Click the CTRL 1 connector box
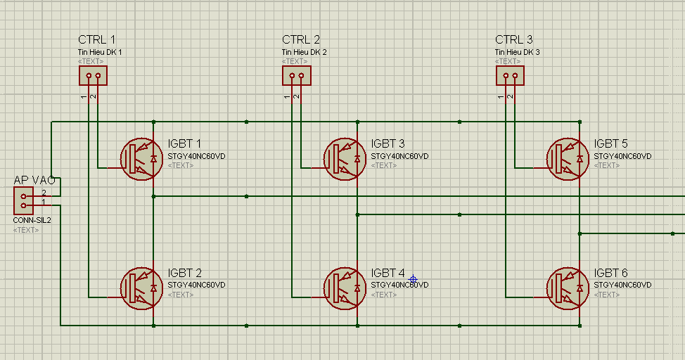click(x=93, y=75)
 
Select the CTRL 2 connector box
click(x=297, y=75)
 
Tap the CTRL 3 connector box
click(x=511, y=75)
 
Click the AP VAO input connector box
click(x=24, y=200)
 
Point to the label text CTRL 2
click(x=301, y=40)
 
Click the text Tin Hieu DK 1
click(x=100, y=53)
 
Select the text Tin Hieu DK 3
click(x=517, y=53)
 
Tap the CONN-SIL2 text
click(x=32, y=221)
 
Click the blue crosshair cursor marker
click(x=413, y=279)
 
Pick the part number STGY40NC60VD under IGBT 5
click(x=622, y=156)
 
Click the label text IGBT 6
click(x=610, y=273)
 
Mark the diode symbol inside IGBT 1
click(x=153, y=159)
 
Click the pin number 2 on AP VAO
click(x=44, y=193)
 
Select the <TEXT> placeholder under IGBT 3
click(x=384, y=165)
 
